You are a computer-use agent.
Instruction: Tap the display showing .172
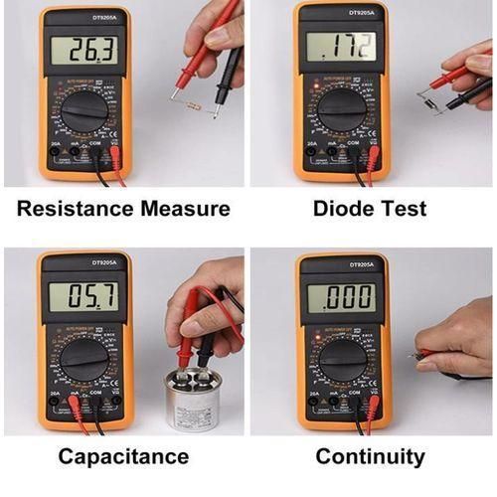click(341, 46)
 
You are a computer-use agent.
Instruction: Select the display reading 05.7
click(83, 295)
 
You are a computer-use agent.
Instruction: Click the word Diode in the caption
click(344, 210)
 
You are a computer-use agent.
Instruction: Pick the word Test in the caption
click(408, 210)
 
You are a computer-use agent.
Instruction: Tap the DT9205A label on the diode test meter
click(342, 12)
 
